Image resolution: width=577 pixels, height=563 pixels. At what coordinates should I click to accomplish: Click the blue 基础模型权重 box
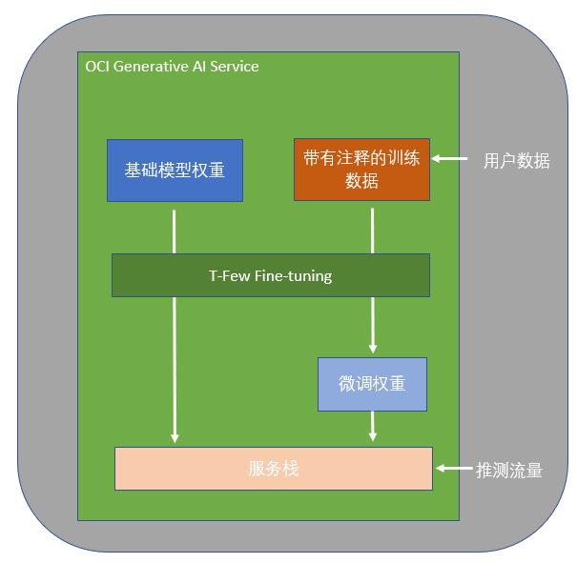pyautogui.click(x=175, y=171)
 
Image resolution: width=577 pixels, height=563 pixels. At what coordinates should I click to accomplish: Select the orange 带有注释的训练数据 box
pyautogui.click(x=361, y=169)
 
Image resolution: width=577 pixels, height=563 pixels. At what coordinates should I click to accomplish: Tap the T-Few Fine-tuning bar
pyautogui.click(x=270, y=275)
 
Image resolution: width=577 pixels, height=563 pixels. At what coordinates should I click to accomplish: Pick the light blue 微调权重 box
pyautogui.click(x=372, y=384)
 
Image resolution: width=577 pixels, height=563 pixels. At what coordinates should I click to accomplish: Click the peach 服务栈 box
pyautogui.click(x=273, y=468)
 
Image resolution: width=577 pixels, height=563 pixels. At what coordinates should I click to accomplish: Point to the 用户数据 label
pyautogui.click(x=516, y=161)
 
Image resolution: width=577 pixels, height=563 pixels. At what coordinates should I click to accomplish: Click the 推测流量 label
pyautogui.click(x=509, y=470)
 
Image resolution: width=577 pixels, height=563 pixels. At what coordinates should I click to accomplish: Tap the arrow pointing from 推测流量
pyautogui.click(x=454, y=469)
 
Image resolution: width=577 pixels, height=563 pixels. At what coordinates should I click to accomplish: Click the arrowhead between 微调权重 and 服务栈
pyautogui.click(x=373, y=435)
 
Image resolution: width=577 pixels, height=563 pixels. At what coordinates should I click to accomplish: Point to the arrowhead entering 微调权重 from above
pyautogui.click(x=373, y=349)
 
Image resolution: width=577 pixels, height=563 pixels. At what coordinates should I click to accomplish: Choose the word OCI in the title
pyautogui.click(x=97, y=67)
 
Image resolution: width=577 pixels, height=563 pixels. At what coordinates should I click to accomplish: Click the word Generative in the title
pyautogui.click(x=150, y=67)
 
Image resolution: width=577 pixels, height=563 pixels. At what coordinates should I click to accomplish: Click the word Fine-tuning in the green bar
pyautogui.click(x=293, y=276)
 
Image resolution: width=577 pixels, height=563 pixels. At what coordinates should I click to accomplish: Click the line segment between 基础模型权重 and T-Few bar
pyautogui.click(x=175, y=231)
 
